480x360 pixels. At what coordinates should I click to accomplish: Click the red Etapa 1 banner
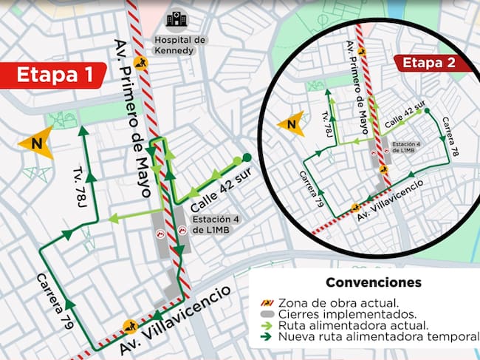pos(55,75)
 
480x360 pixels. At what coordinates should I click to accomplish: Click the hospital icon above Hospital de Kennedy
pos(176,19)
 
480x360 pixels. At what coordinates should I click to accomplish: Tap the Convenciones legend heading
pos(374,282)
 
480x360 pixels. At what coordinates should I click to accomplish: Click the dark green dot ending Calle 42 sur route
pos(247,157)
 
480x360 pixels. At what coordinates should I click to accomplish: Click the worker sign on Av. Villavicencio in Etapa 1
pos(131,325)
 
